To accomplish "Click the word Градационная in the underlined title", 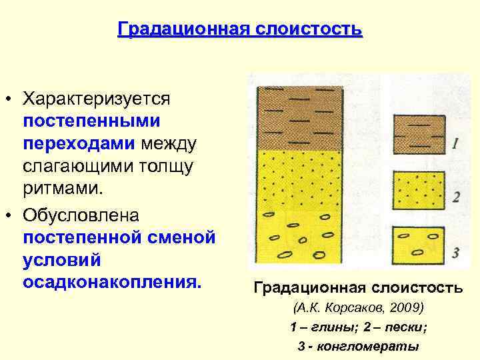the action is (x=175, y=30).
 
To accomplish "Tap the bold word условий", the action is (x=62, y=259).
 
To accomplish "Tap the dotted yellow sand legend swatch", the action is (x=417, y=190).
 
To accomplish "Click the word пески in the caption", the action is (x=405, y=327).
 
